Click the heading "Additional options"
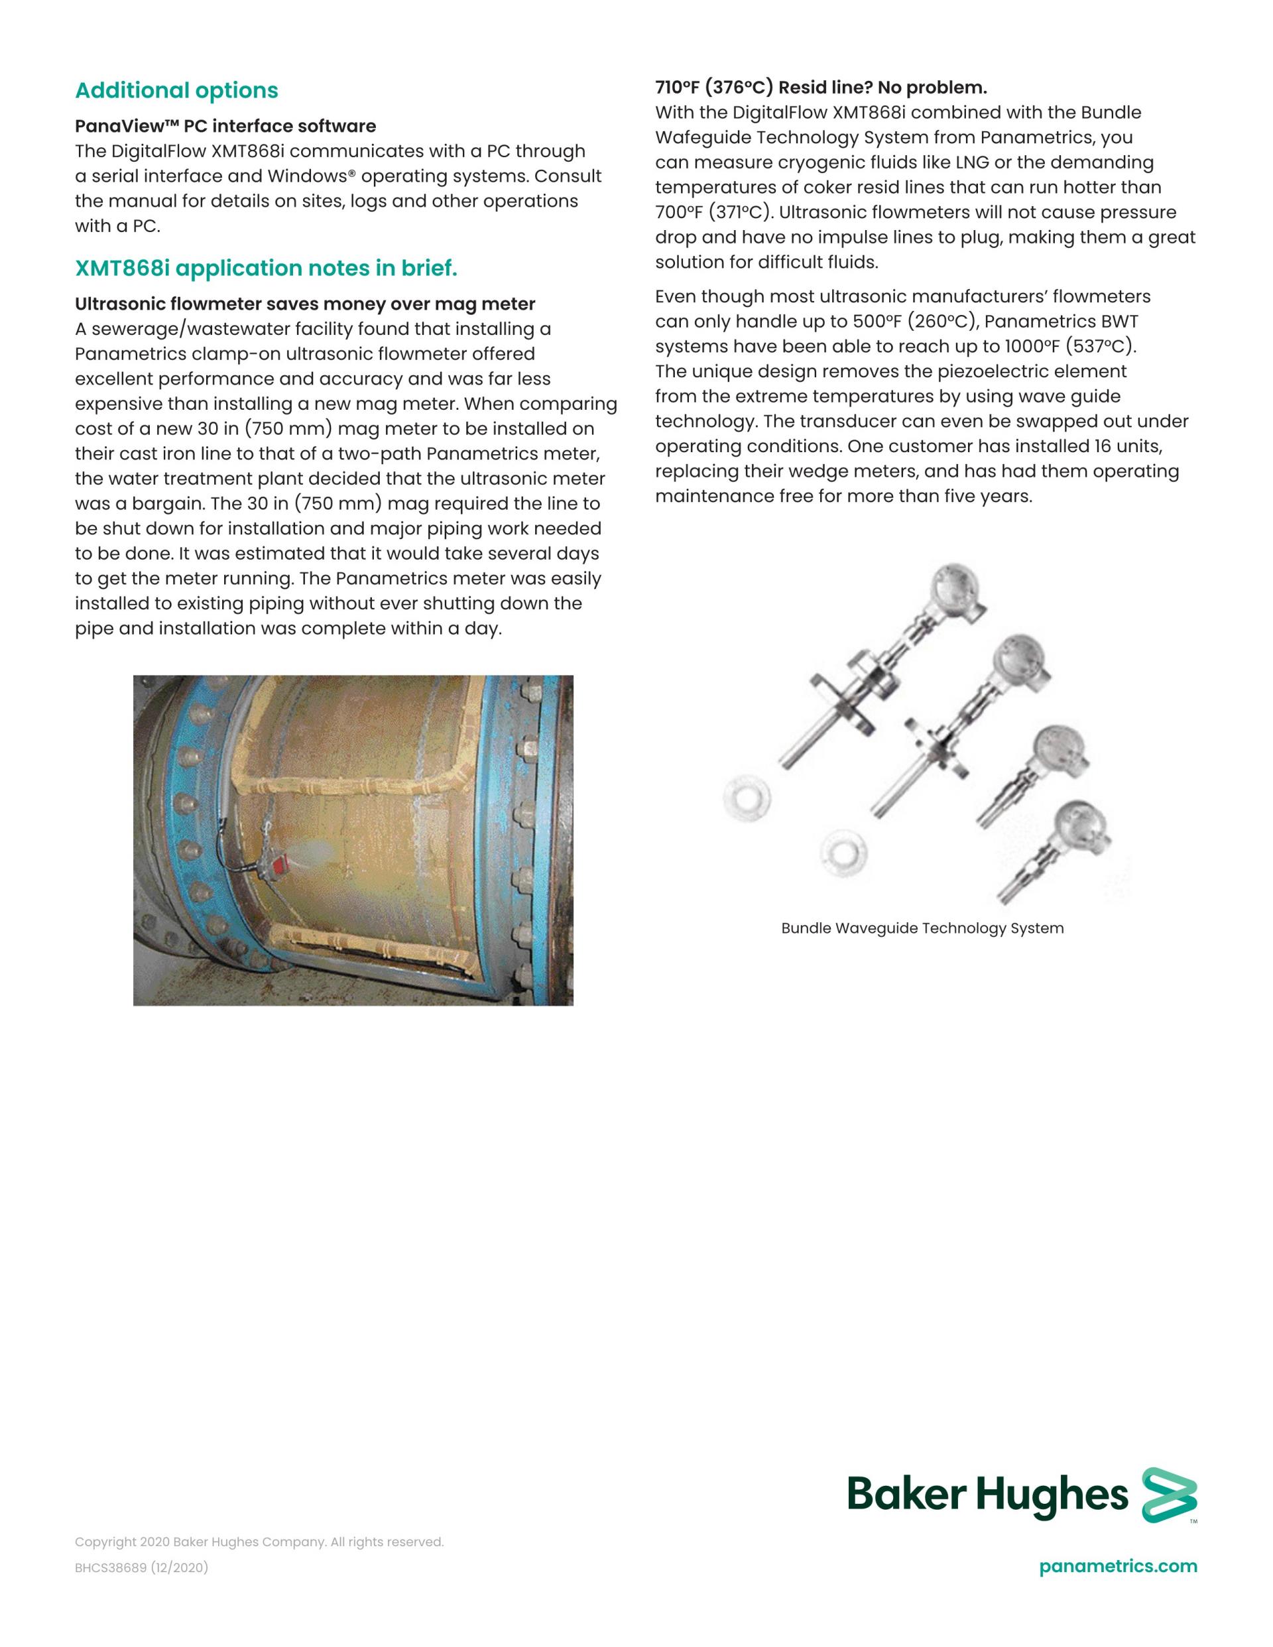176,90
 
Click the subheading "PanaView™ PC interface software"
225,126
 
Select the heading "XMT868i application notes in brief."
265,269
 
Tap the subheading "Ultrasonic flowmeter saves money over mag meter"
305,304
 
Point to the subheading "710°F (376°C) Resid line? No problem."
821,88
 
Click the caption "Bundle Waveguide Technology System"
922,928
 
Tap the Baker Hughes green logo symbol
1169,1494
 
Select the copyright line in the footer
259,1542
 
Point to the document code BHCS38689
111,1568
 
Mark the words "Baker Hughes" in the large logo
987,1494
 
